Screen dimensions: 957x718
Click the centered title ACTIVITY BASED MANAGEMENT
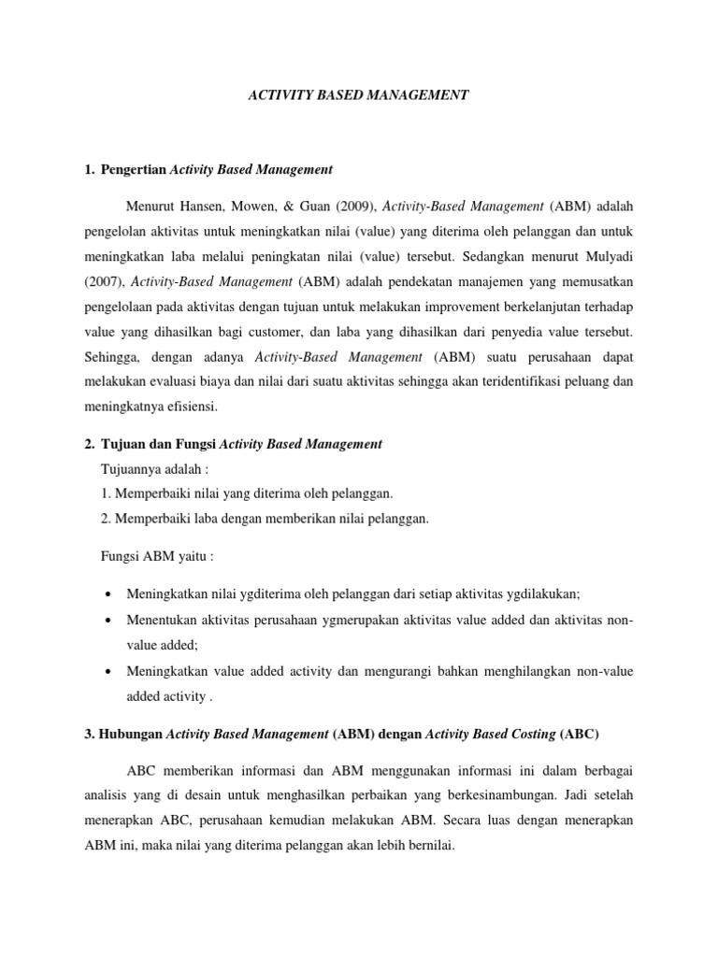[358, 94]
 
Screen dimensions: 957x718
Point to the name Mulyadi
[605, 254]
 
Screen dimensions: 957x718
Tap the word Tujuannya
[134, 470]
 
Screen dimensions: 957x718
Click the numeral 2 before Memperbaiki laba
[104, 520]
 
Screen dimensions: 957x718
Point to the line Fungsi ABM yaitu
[157, 557]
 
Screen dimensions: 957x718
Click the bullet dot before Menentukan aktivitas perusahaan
[111, 621]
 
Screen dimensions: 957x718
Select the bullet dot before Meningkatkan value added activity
[111, 671]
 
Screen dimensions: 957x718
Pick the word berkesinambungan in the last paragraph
[528, 794]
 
